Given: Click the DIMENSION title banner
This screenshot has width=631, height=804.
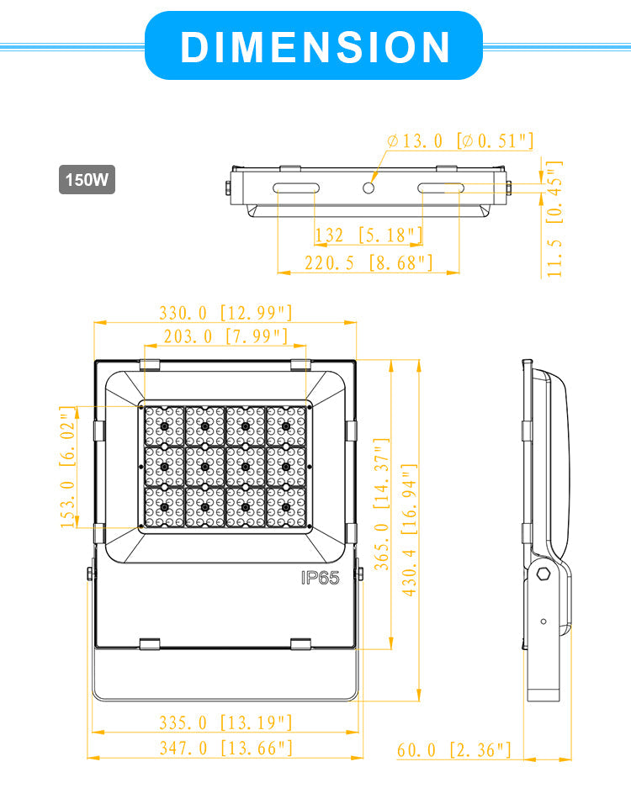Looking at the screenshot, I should pos(315,46).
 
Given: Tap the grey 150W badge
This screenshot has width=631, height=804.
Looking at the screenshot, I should pos(87,180).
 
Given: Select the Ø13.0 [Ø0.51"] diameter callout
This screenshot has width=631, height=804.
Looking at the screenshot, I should pos(460,140).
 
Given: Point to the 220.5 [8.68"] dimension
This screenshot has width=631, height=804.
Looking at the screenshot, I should pos(369,262).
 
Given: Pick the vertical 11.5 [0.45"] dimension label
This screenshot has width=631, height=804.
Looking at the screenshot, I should pos(554,219).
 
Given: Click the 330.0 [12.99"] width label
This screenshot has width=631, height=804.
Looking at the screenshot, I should pos(225,313).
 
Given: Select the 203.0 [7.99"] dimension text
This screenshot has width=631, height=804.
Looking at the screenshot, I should pos(225,336).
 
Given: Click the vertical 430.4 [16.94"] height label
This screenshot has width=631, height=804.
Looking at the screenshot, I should pos(410,530).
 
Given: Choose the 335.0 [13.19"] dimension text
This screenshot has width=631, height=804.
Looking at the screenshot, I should pos(225,722).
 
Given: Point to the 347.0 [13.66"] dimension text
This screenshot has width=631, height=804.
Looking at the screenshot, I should pos(225,747).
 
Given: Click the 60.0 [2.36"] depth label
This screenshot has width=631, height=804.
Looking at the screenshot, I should pos(454,749).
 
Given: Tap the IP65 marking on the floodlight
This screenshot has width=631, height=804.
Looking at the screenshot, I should pos(320,578).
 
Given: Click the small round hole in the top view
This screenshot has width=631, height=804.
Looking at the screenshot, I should pos(369,188).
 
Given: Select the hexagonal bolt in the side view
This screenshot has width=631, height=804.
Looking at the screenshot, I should pos(543,575).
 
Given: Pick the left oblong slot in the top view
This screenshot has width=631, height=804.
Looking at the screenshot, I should pos(295,187).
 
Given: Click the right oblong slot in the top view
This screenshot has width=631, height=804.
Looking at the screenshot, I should pos(443,187).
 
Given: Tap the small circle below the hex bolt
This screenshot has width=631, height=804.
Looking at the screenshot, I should pos(544,622).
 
